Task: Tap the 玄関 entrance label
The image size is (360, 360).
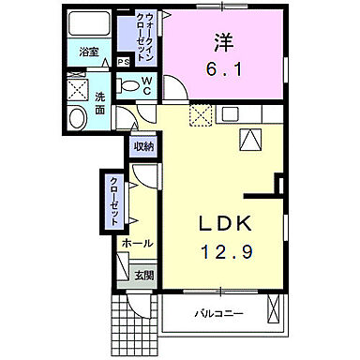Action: click(143, 276)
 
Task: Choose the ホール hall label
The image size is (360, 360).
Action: click(137, 243)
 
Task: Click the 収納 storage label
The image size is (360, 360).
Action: click(142, 145)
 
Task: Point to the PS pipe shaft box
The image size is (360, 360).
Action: click(124, 64)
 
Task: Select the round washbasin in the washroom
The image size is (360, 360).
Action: click(78, 117)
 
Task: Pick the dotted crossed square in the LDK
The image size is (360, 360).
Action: click(201, 116)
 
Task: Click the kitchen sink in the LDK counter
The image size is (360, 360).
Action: click(250, 139)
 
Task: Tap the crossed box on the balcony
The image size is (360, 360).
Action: click(273, 308)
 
